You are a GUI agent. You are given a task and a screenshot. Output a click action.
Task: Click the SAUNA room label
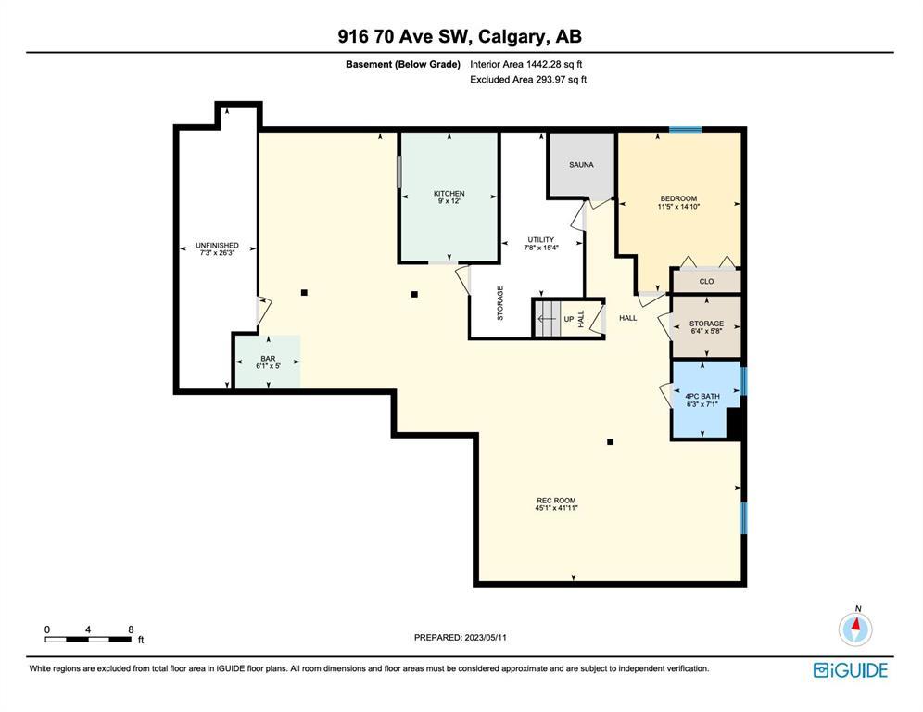(x=581, y=165)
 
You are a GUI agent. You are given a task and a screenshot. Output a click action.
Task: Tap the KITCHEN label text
(x=449, y=193)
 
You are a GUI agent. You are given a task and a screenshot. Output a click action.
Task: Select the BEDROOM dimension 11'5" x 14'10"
(x=678, y=207)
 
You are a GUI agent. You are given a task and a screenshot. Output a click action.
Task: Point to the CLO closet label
(x=706, y=282)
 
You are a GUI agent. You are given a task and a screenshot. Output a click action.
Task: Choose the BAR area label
(x=268, y=358)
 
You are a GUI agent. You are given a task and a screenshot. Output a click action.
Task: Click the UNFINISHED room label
(x=217, y=245)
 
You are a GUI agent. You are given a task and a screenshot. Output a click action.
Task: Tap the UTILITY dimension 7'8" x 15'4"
(x=541, y=248)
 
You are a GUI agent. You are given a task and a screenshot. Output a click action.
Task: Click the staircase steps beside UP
(x=545, y=319)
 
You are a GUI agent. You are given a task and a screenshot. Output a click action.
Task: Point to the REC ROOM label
(x=556, y=500)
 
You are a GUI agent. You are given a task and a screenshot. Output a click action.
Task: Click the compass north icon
(x=855, y=628)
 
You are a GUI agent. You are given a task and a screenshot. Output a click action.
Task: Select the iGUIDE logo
(x=851, y=670)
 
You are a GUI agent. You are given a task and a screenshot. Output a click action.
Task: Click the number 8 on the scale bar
(x=131, y=629)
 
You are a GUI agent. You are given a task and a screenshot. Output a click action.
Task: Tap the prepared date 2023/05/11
(x=486, y=637)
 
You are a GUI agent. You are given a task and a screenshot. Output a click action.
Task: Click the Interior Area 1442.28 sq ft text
(x=525, y=64)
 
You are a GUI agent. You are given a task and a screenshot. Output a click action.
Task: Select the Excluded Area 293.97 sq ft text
(x=528, y=80)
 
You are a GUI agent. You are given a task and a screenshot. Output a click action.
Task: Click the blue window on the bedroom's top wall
(x=685, y=130)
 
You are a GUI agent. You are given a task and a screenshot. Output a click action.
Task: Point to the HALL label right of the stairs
(x=628, y=318)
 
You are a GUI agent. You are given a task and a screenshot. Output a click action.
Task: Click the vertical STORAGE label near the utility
(x=500, y=303)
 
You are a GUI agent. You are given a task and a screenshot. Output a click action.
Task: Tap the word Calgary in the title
(x=512, y=36)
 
